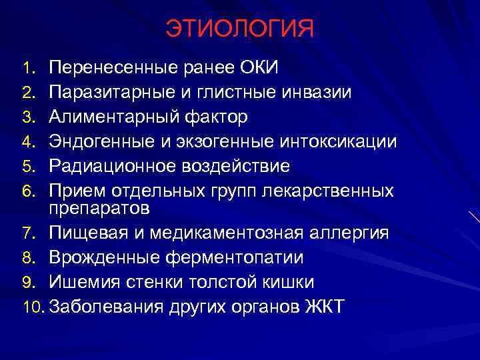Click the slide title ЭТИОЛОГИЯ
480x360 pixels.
pos(239,30)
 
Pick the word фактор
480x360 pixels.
pos(217,117)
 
